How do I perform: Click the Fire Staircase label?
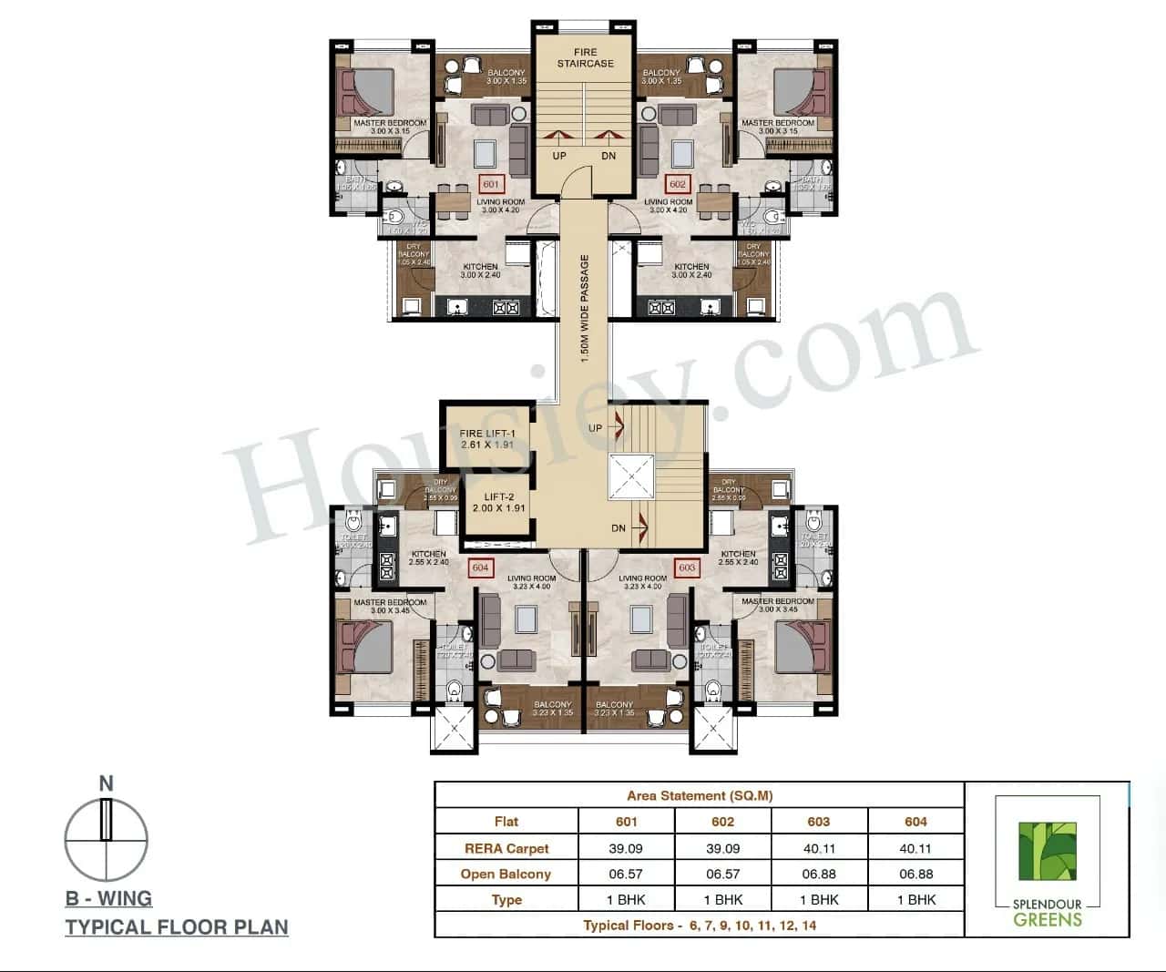pos(586,58)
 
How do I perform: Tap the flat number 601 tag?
pos(492,184)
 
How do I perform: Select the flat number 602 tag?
pos(678,184)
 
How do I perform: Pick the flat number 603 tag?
pos(687,568)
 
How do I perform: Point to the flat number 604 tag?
pos(480,568)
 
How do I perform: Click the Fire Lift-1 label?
pos(487,439)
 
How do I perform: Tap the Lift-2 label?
pos(498,502)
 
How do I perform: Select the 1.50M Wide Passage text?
pos(585,308)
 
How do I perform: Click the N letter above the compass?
pos(107,783)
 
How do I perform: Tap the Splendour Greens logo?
pos(1048,862)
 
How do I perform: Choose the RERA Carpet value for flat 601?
pos(626,848)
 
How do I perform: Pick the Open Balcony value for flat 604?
pos(915,874)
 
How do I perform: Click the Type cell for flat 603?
pos(819,899)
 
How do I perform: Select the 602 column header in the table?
pos(722,821)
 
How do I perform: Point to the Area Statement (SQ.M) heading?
pos(700,795)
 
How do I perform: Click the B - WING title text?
pos(108,898)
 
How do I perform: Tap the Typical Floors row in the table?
pos(700,925)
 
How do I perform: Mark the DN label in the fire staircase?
pos(609,156)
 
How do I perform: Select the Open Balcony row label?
pos(506,874)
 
